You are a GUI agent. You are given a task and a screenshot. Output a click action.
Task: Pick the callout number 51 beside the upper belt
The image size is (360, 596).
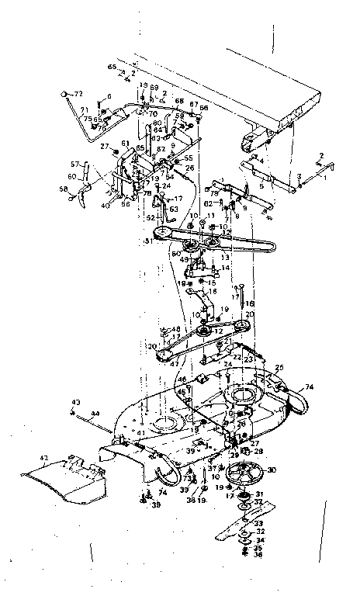click(147, 241)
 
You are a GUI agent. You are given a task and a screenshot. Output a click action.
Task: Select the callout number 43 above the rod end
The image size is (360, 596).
click(76, 401)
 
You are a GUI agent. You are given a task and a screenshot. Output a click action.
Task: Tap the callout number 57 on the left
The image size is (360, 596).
click(75, 165)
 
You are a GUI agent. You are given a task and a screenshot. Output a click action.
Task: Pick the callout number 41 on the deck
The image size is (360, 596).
click(140, 432)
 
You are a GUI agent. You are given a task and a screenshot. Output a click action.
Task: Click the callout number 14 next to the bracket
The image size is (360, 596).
click(226, 268)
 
